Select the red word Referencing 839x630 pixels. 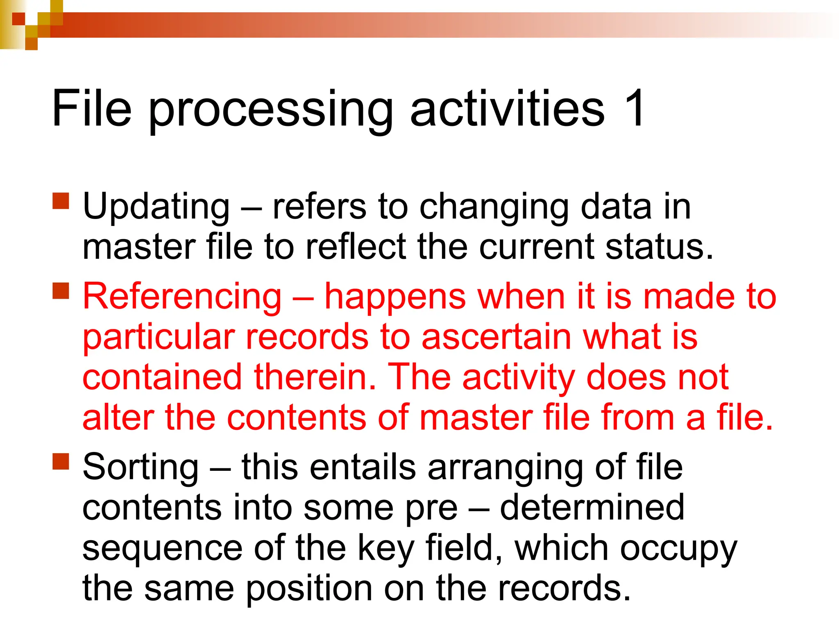point(182,297)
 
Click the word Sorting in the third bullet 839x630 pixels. point(141,467)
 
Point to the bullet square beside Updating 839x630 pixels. point(61,201)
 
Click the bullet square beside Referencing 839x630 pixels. point(61,291)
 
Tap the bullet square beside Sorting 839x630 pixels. point(61,461)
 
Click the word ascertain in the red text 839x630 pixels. point(496,338)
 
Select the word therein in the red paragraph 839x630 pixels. point(315,377)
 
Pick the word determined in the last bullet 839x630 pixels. point(592,508)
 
